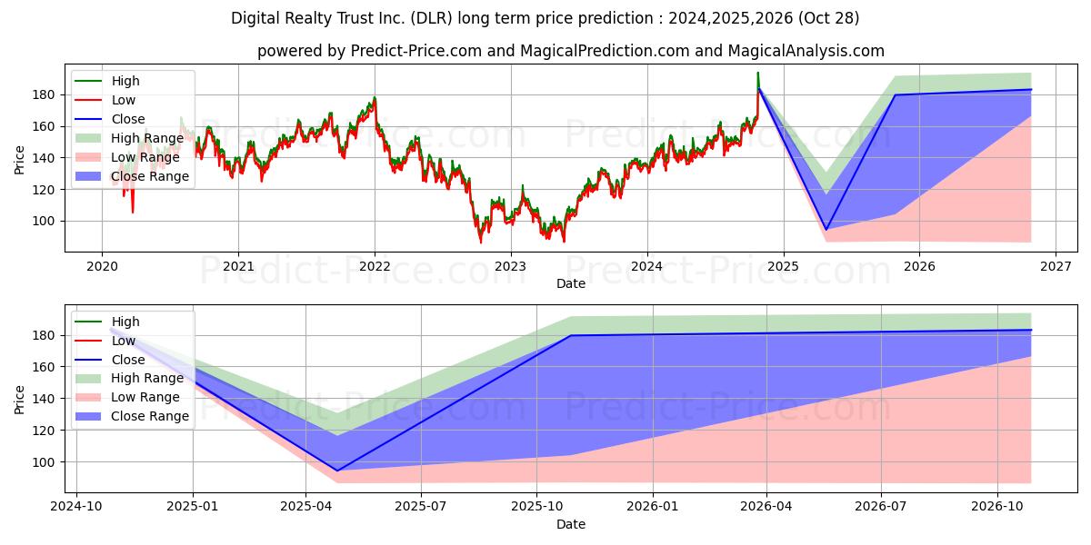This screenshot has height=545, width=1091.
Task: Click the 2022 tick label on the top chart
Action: coord(374,266)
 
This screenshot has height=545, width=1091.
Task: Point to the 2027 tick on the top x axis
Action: coord(1055,266)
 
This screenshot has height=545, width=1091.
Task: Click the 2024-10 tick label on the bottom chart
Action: coord(76,507)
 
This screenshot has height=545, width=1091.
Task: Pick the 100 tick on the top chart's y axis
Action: coord(46,221)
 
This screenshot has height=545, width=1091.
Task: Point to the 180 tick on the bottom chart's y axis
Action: coord(46,335)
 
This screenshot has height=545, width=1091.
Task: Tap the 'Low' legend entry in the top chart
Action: coord(123,100)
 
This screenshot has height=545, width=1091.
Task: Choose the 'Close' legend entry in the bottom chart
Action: coord(127,360)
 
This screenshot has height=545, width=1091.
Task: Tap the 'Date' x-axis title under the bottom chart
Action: coord(570,524)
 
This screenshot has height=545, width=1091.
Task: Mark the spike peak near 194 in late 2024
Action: coord(757,74)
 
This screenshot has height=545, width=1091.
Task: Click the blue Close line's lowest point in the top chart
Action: coord(826,229)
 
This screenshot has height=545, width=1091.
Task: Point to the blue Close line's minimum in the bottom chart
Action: coord(337,471)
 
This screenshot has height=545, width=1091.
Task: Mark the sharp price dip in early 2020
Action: coord(133,211)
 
